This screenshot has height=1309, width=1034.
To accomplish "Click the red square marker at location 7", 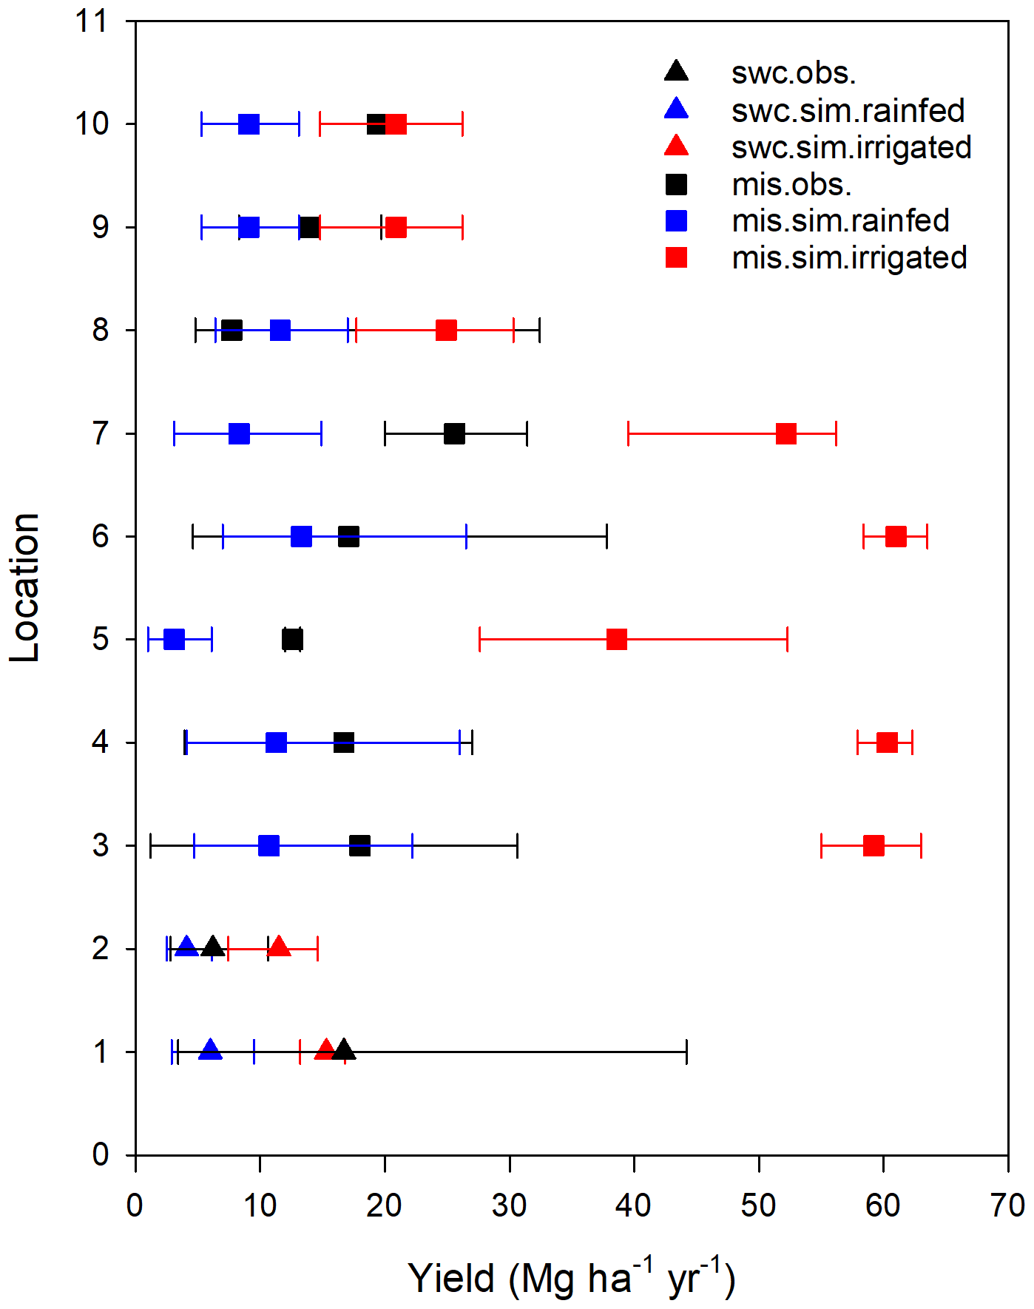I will [786, 434].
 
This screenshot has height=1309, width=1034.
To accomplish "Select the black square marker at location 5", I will [292, 640].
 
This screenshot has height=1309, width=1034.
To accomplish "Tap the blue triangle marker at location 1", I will [211, 1050].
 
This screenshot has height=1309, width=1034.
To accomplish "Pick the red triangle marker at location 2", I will [279, 947].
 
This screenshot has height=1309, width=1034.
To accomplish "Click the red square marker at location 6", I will [896, 537].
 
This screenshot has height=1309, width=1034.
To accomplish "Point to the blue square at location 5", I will [174, 640].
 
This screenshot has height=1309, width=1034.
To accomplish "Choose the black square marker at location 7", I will [454, 434].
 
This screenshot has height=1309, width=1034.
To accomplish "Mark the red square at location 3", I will [874, 846].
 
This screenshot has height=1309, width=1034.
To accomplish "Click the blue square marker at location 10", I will [249, 124].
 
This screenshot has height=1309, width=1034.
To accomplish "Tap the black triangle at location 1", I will [343, 1050].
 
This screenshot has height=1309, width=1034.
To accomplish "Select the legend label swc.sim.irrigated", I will [851, 147].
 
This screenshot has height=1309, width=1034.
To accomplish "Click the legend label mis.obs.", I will [791, 184].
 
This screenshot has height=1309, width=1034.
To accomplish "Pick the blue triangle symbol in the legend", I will [676, 109].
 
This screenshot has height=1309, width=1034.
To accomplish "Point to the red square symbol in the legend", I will [676, 257].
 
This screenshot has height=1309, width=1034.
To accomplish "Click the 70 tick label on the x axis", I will [1007, 1206].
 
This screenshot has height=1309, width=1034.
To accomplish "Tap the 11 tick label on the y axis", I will [91, 21].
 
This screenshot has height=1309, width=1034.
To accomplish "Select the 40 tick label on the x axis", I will [634, 1206].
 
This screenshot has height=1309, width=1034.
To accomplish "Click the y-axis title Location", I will [24, 588].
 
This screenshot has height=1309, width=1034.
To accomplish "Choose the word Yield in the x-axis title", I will [451, 1278].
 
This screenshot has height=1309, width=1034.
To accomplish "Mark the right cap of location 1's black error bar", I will [686, 1052].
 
